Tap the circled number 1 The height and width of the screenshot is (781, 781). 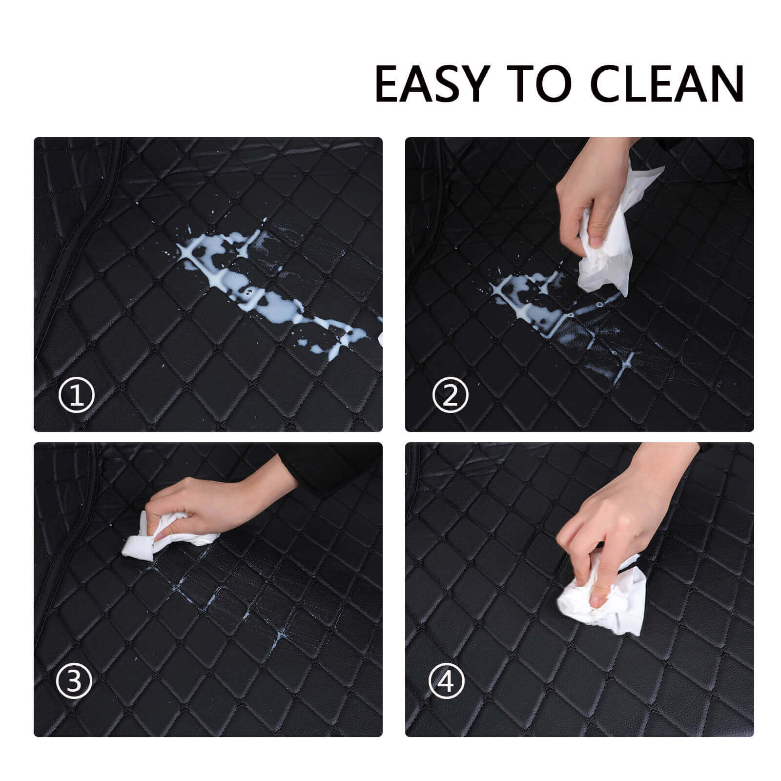76,396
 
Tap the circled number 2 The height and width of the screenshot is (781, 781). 450,396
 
